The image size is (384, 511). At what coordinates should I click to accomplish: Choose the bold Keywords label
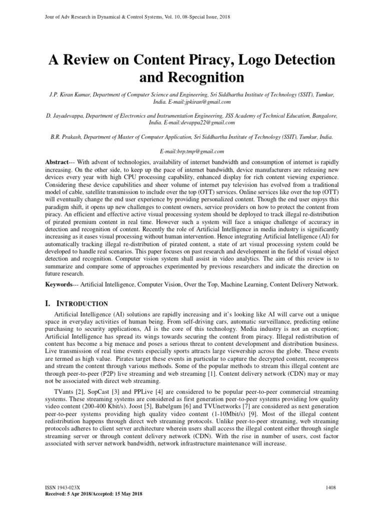point(59,284)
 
